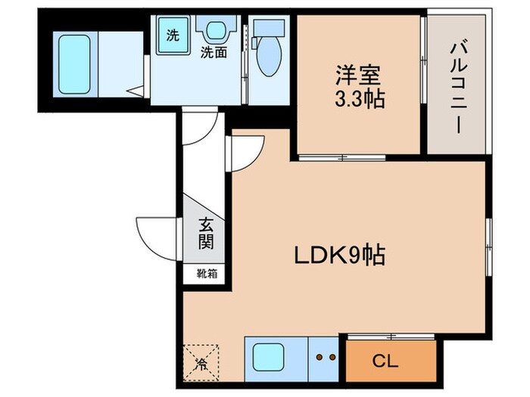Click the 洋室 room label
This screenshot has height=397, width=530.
point(357,76)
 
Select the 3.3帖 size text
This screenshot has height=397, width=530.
point(357,98)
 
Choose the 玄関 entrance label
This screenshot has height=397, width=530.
point(205,234)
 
